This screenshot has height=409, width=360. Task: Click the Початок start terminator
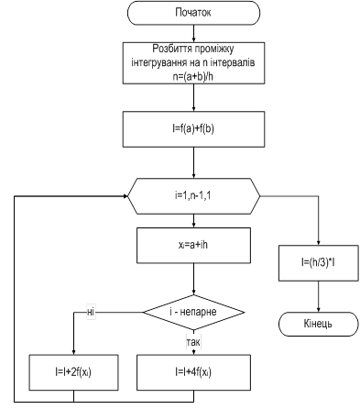coord(193,13)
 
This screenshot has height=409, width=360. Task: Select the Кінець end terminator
coord(318,324)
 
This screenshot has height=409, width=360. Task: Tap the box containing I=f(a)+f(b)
coord(193,129)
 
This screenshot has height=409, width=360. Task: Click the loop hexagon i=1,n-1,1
coord(193,196)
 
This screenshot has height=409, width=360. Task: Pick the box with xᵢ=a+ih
coord(193,245)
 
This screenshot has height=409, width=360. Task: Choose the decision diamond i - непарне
coord(193,312)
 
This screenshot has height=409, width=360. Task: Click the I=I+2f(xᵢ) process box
coord(73,372)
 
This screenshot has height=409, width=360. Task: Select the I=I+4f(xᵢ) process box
coord(193,372)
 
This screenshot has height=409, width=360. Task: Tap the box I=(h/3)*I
coord(318,263)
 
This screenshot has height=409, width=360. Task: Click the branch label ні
coord(91,312)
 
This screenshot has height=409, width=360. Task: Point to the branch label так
coord(193,342)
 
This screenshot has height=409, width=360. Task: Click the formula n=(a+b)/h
coord(193,76)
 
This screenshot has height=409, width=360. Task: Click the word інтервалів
coord(233,62)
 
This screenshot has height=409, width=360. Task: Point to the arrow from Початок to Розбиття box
coord(193,33)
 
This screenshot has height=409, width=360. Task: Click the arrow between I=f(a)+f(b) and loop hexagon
coord(193,162)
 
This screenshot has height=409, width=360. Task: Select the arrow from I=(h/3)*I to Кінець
coord(318,296)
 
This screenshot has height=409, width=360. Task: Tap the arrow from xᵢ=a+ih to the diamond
coord(193,279)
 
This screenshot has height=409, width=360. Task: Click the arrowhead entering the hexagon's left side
coord(125,196)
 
